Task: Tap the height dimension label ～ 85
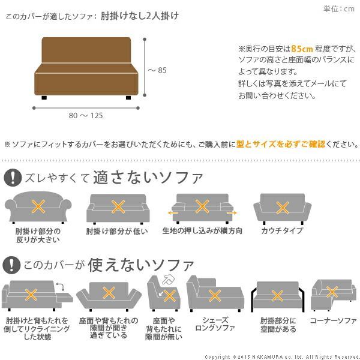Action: tap(157, 71)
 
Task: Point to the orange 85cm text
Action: tap(301, 49)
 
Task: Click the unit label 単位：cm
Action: tap(340, 8)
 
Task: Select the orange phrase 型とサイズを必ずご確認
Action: tap(281, 144)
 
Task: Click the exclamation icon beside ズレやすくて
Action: tap(12, 178)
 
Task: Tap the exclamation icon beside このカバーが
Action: tap(12, 264)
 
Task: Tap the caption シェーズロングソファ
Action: tap(215, 325)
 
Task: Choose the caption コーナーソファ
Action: tap(333, 321)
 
